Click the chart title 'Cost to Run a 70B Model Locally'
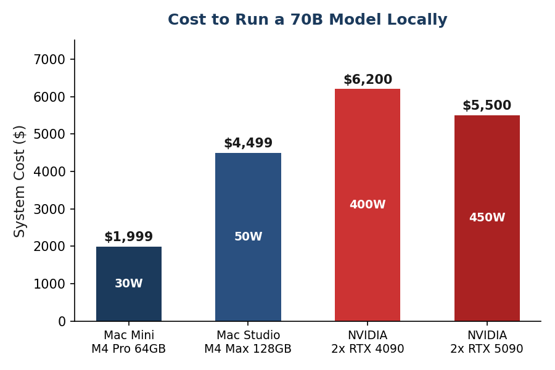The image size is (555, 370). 307,20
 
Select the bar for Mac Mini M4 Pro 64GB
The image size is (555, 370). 128,265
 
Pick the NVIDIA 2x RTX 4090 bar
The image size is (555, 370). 368,154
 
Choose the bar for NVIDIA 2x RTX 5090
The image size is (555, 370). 487,173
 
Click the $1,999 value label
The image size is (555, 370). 128,237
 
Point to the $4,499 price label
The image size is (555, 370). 248,144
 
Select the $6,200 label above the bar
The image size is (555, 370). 368,80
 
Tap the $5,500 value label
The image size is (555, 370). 487,106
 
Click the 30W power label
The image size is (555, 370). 128,284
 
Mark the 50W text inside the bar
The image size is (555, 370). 248,237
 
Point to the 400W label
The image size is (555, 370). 368,205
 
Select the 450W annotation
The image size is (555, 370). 487,218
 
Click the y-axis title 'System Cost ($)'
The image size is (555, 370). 20,181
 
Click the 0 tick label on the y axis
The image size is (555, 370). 62,321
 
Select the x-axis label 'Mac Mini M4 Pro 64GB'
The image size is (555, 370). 128,343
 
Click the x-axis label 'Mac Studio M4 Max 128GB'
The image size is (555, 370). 248,343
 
